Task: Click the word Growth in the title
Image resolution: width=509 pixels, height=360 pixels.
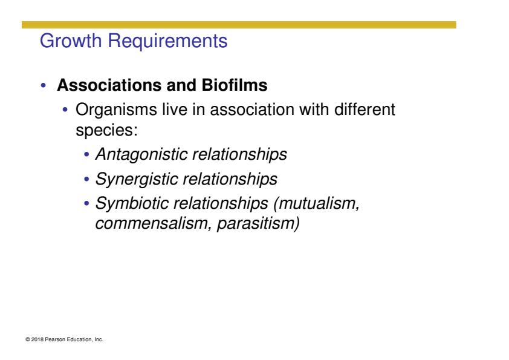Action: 71,41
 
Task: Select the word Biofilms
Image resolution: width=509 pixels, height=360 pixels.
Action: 235,85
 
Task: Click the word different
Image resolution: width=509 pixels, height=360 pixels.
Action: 365,109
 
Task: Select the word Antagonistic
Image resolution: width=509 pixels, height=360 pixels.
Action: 141,155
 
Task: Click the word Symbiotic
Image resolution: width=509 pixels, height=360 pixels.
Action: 132,204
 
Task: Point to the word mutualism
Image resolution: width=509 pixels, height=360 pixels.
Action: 319,204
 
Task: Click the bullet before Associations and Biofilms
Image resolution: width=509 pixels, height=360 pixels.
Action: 44,86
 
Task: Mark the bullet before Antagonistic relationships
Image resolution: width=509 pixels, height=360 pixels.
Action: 86,154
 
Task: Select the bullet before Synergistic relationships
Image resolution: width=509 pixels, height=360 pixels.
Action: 86,179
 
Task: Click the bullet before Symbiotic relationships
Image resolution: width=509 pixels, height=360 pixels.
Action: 86,204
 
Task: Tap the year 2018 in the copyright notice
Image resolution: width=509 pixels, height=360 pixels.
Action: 37,339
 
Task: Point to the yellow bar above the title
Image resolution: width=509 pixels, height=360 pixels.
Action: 239,25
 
